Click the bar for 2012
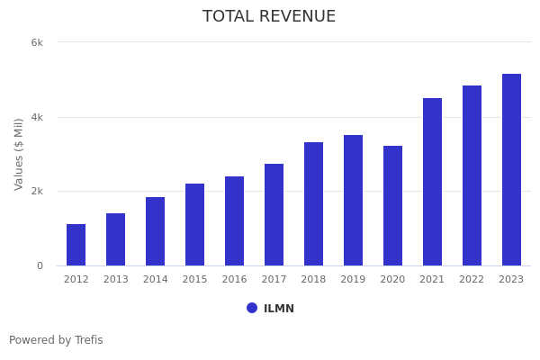[76, 245]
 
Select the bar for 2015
[194, 225]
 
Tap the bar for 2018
[313, 204]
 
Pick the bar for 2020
[392, 206]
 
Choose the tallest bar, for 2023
[511, 170]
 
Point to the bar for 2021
[432, 182]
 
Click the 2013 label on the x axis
[115, 280]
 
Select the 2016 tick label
[234, 280]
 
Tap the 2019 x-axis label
[353, 280]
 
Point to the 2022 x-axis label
[472, 280]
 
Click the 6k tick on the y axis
[37, 42]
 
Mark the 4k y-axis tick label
[37, 117]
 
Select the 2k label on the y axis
[37, 192]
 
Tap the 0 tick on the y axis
[40, 266]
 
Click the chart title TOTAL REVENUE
[269, 17]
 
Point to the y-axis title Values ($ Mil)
[19, 154]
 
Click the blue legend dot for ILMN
[252, 308]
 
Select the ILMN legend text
[279, 309]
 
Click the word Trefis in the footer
[88, 340]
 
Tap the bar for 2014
[155, 231]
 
